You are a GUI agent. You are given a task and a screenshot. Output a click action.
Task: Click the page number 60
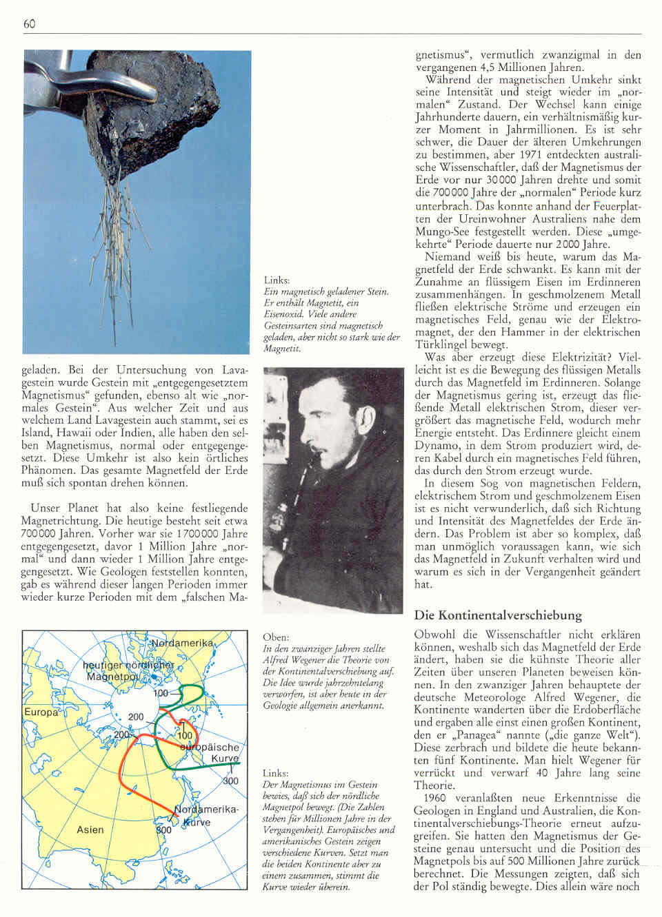29,24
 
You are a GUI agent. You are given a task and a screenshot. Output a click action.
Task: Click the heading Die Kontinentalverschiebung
498,615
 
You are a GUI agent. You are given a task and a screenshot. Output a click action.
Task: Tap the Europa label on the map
41,712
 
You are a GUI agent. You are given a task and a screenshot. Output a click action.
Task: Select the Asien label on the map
90,830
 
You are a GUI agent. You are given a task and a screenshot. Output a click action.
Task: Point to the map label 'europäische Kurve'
211,753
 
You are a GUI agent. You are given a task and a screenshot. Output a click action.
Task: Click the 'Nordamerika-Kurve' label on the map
206,815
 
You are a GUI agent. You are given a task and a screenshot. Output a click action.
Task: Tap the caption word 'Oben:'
276,637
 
